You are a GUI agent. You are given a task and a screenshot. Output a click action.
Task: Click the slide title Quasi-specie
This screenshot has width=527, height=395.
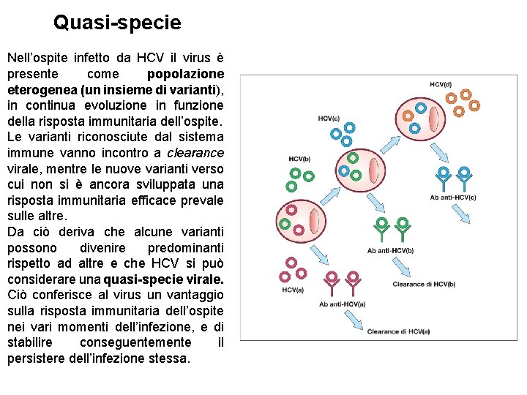click(117, 23)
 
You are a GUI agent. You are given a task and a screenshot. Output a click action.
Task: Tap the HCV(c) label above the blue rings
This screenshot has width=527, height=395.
click(329, 118)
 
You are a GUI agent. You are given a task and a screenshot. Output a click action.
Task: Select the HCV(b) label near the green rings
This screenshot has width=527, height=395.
click(299, 159)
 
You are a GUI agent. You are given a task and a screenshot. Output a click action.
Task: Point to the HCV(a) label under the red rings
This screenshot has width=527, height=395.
click(293, 290)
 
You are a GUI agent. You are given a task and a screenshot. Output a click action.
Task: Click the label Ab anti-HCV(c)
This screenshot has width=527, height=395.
click(454, 197)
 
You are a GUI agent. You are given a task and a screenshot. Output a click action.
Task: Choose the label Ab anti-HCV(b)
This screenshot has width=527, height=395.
click(390, 250)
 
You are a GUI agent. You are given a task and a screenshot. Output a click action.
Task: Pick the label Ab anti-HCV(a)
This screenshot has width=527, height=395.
click(342, 304)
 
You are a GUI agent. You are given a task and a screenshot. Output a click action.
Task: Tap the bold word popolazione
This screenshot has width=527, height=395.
click(185, 74)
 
